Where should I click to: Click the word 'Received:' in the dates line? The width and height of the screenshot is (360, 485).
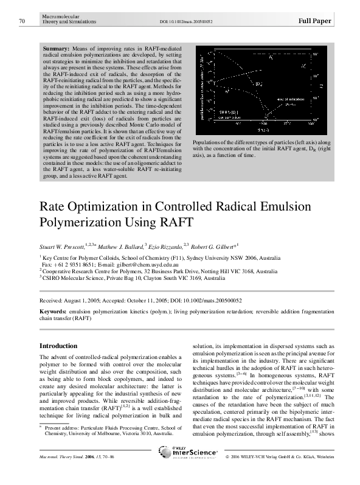tap(49, 301)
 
